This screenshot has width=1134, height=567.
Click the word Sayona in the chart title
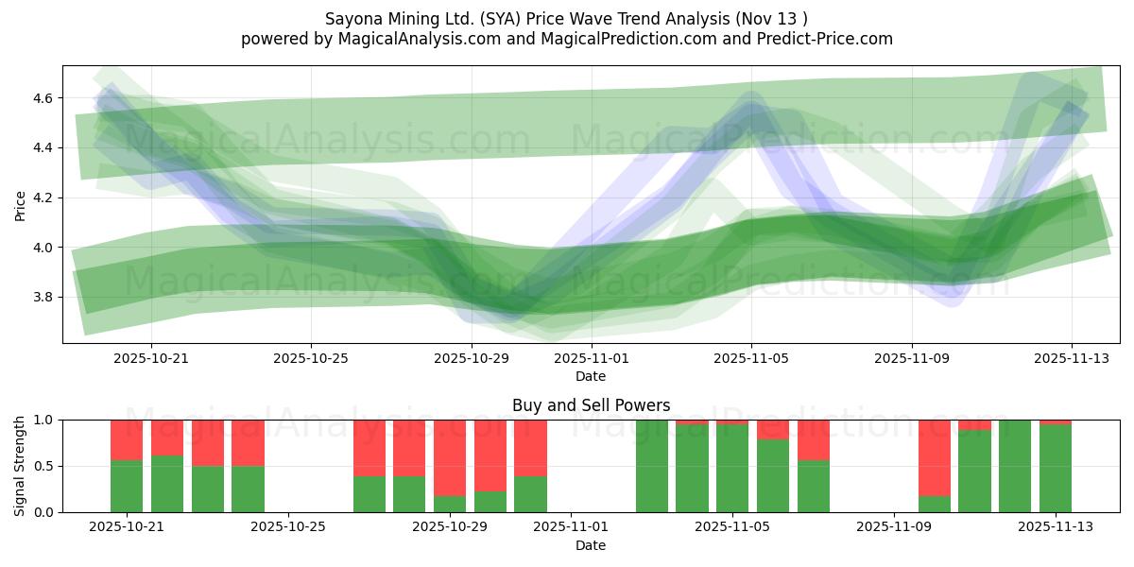pos(354,19)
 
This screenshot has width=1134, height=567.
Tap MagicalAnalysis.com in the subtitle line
pos(420,39)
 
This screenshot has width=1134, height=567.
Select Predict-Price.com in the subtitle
pos(825,39)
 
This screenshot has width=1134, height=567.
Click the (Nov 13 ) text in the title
pos(772,19)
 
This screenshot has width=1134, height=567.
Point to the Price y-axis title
pos(20,206)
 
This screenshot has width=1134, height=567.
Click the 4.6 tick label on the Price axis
pos(43,98)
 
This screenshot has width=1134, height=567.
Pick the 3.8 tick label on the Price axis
pos(43,297)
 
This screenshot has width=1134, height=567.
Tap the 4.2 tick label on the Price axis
pos(43,198)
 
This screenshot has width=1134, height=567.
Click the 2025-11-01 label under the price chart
pos(592,358)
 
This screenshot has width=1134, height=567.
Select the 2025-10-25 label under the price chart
pos(311,358)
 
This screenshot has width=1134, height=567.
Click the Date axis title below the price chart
pos(591,376)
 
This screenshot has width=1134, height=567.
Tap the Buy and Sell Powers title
pos(592,405)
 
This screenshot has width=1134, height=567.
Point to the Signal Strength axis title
pos(19,466)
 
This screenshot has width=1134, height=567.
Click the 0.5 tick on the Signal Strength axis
pos(43,466)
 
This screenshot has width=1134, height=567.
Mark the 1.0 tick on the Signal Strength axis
pos(43,421)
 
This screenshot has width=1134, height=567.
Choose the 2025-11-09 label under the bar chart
pos(894,526)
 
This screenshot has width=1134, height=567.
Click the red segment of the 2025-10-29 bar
pos(450,458)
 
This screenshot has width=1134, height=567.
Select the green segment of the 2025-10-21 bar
pos(127,487)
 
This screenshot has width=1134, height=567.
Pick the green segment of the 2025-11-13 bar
pos(1056,469)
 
